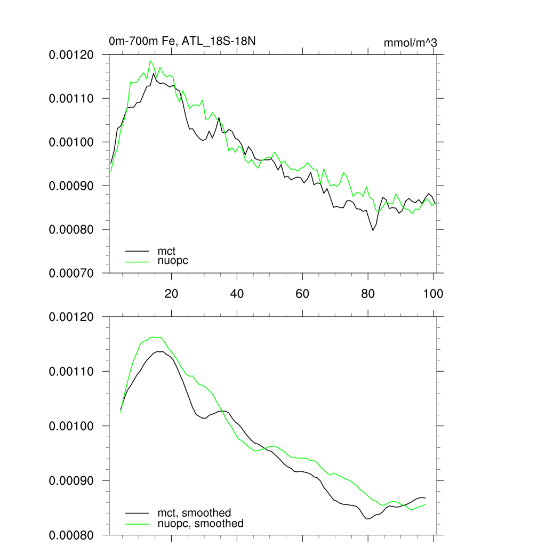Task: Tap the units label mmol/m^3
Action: (411, 43)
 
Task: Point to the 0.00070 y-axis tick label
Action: (71, 273)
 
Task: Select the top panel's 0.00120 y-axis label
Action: (71, 54)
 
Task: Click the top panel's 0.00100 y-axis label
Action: (71, 142)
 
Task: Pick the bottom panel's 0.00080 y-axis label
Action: (71, 535)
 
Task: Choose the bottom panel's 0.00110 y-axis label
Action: (71, 371)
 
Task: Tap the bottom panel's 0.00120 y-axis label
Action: (71, 317)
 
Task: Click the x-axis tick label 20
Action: (171, 293)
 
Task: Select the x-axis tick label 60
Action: (302, 293)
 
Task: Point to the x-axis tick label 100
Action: (433, 293)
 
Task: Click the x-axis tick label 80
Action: (368, 293)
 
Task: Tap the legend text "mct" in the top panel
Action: (166, 251)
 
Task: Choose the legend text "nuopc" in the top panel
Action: (173, 261)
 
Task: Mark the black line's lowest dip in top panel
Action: (373, 230)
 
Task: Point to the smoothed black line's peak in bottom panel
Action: (159, 352)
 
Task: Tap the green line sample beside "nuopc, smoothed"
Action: (136, 524)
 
